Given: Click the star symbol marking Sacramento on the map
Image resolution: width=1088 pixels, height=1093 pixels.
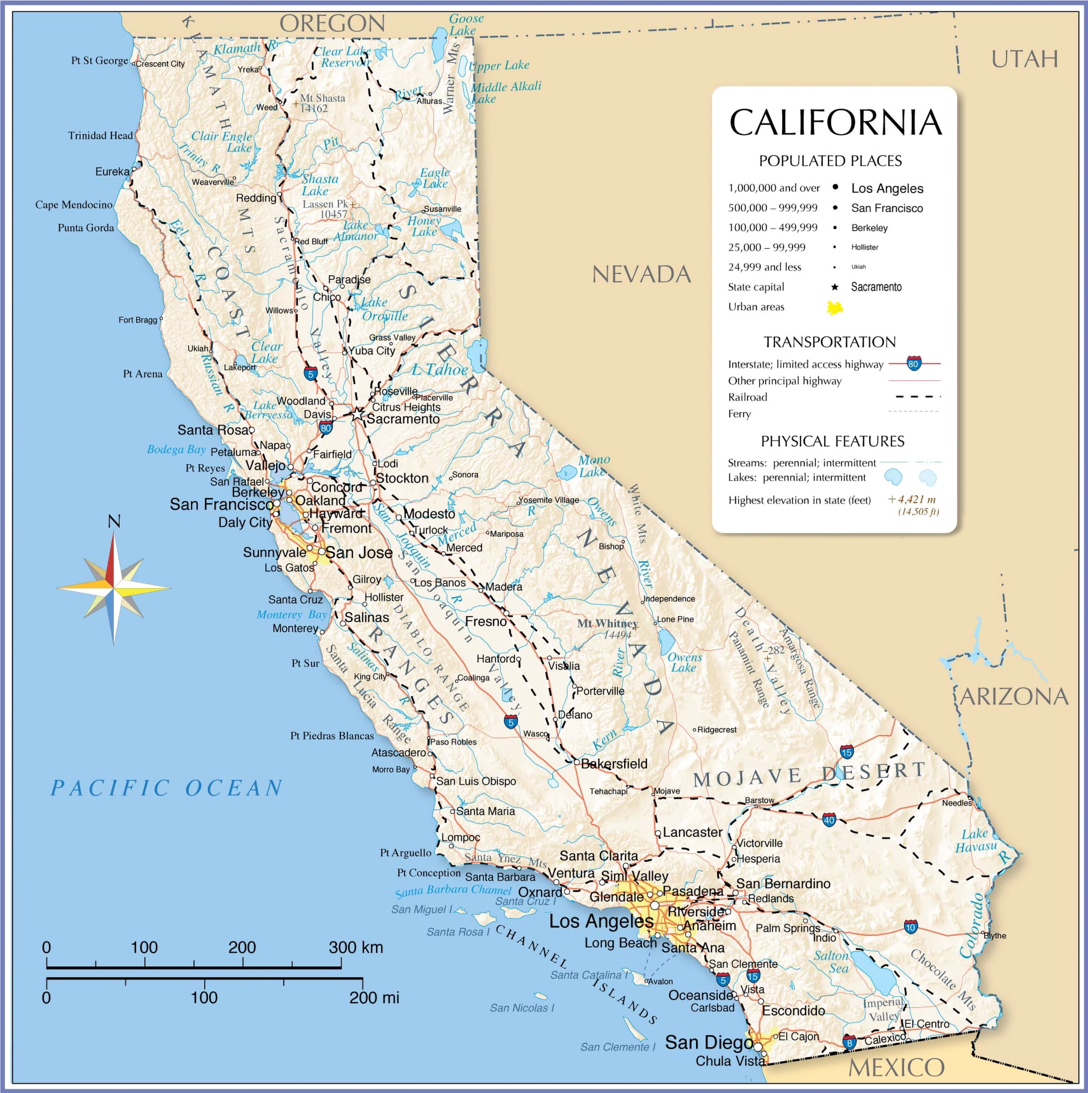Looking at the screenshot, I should click(357, 415).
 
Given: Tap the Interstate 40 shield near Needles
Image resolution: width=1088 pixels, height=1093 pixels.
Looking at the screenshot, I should click(829, 820).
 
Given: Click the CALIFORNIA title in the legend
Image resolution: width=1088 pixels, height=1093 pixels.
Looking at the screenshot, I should click(835, 122).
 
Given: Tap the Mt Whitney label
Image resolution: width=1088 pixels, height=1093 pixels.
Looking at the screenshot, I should click(607, 623).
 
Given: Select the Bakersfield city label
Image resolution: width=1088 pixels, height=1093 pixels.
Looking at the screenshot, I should click(614, 764).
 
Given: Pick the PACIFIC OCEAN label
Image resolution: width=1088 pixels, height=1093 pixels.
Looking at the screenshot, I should click(167, 788).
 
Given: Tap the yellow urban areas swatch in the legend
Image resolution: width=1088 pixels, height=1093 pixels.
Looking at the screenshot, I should click(835, 308).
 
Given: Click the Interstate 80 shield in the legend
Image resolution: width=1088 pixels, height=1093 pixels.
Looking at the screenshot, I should click(914, 364).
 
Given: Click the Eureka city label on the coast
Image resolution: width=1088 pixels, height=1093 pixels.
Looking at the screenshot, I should click(112, 172).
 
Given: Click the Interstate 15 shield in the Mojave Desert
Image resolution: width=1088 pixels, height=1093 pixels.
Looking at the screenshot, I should click(847, 752).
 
